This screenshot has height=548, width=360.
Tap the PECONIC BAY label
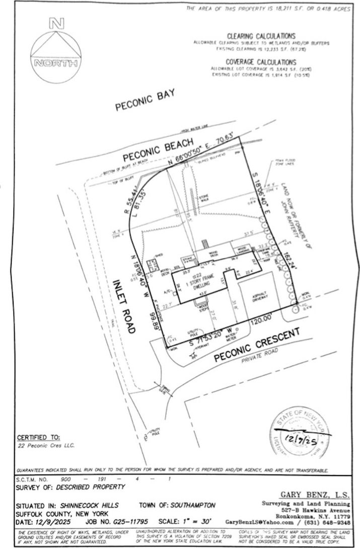[x=145, y=100]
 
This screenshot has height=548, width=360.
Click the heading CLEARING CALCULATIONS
[x=261, y=36]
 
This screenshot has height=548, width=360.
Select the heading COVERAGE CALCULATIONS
[x=261, y=61]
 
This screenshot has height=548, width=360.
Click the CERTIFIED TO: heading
[x=38, y=437]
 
